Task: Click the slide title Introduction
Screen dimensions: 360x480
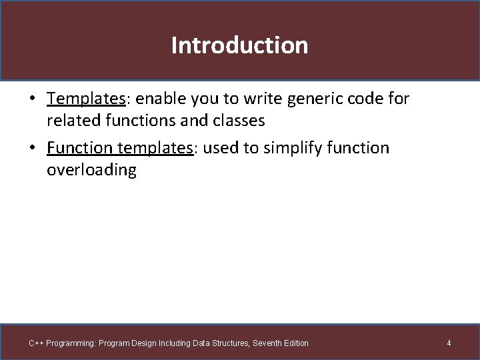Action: (239, 45)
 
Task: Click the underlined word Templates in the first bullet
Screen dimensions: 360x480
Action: (86, 99)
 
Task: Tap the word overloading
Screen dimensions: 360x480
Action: (91, 170)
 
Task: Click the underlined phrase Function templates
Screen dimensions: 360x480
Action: (120, 147)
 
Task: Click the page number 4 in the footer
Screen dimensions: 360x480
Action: (449, 343)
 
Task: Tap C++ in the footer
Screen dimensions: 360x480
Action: (36, 343)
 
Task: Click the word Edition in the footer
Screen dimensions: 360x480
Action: (297, 343)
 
